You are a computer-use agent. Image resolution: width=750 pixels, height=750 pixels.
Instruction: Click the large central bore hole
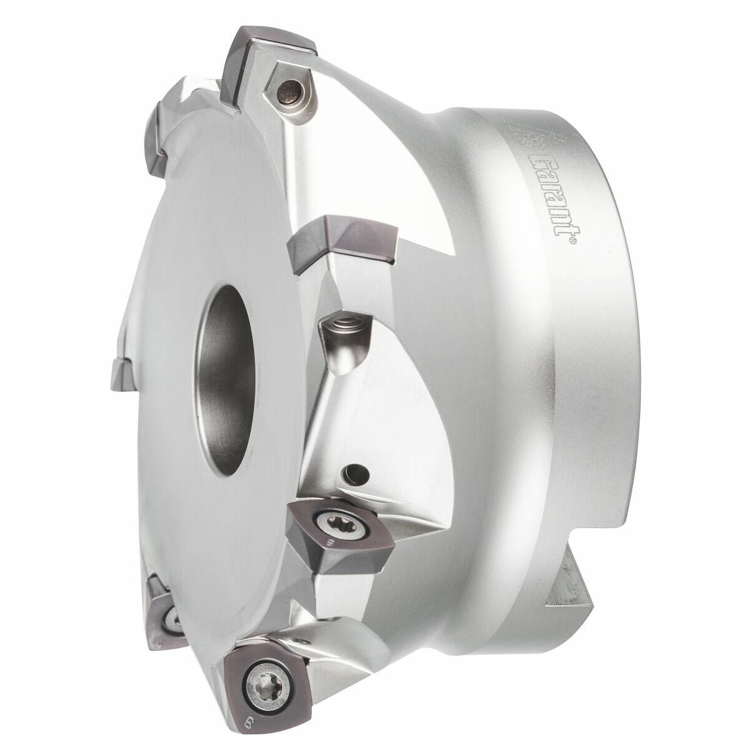click(226, 379)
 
